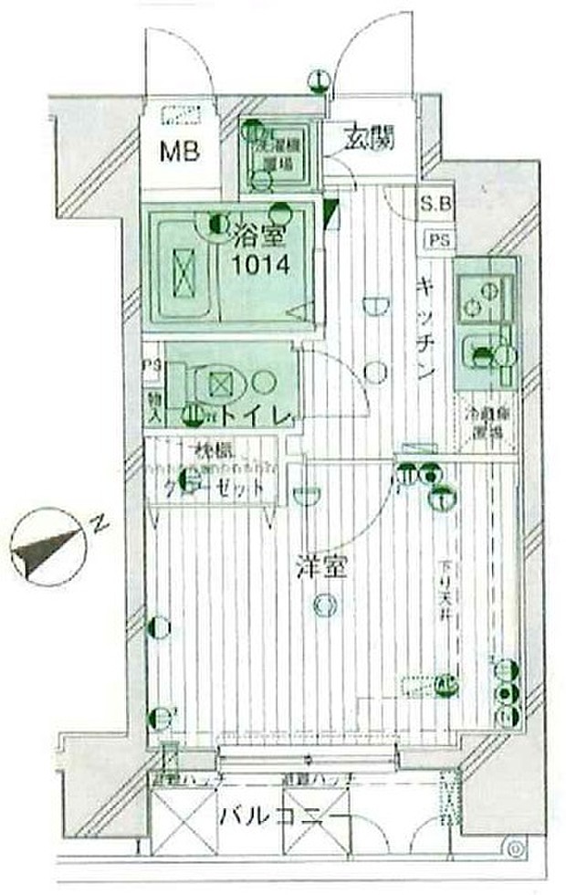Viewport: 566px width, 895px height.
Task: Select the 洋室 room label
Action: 320,566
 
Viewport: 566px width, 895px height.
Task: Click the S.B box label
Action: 435,205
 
